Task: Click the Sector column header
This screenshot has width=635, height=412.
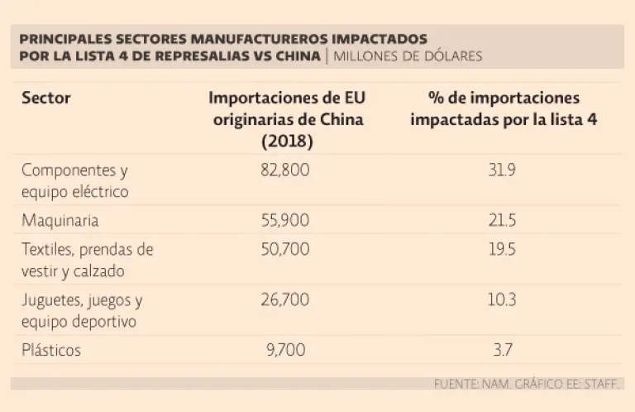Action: point(46,98)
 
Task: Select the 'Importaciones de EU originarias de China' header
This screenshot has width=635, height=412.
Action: point(286,120)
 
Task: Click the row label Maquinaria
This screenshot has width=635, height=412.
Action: point(60,222)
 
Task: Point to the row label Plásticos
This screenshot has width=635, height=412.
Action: point(51,350)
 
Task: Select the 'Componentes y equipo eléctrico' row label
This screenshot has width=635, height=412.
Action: point(75,180)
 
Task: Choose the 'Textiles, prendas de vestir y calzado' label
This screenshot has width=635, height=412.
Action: point(87,259)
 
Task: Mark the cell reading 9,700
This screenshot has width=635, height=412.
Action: point(286,350)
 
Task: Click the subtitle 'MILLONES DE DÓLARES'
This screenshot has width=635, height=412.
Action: point(408,56)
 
